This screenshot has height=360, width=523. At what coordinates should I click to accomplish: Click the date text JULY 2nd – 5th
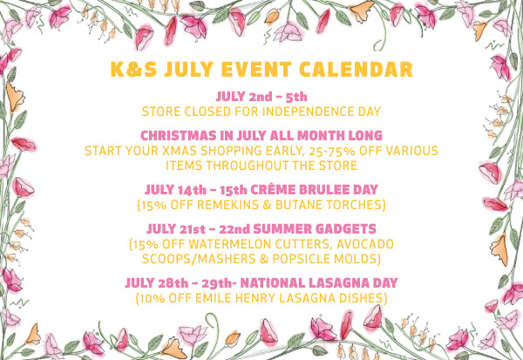pyautogui.click(x=261, y=97)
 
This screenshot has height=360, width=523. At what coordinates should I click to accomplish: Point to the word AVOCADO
pyautogui.click(x=365, y=244)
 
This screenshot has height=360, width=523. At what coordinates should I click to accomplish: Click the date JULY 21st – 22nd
pyautogui.click(x=198, y=229)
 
